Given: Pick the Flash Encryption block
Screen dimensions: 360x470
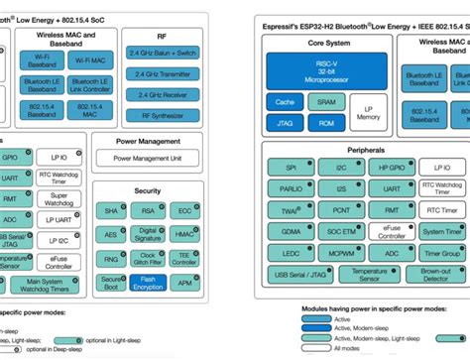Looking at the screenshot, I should [146, 283].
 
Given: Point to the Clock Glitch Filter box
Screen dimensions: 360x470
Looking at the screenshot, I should [146, 257].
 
